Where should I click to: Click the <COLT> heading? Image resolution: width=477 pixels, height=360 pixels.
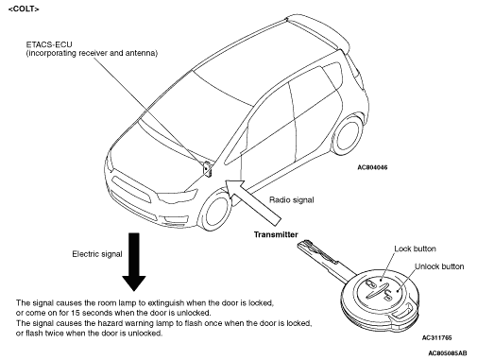point(24,9)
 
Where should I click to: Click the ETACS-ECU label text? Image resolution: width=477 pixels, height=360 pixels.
point(49,44)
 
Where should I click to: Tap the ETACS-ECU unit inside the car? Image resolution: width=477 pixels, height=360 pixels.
point(207,169)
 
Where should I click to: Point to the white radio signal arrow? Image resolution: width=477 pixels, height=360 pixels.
point(253,202)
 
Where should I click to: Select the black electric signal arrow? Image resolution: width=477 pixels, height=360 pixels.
point(134,262)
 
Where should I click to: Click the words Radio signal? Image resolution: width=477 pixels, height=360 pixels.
point(292,200)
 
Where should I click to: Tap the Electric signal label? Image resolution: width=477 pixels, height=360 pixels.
point(97,254)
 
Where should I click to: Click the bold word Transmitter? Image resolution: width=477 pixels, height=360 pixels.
point(276,234)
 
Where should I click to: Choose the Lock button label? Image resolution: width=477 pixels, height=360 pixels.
point(415,249)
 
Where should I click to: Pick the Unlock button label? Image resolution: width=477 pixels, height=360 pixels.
point(439,266)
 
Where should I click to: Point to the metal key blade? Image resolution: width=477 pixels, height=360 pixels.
point(324,258)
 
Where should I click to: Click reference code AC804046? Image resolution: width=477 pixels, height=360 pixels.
point(372,167)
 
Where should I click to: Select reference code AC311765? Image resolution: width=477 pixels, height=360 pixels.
point(436,338)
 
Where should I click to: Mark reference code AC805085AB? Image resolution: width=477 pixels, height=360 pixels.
point(448,353)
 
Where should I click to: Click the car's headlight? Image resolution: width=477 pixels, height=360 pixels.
point(178,197)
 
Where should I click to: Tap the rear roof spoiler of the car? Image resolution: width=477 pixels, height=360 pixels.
point(318,30)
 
